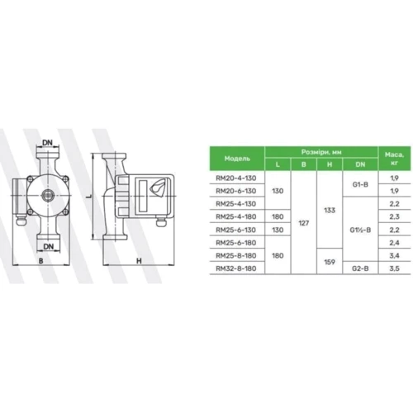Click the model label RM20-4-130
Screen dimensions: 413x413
(x=236, y=178)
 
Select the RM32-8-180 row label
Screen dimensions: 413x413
(x=236, y=268)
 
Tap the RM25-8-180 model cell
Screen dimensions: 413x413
(x=236, y=255)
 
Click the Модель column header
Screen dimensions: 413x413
(x=237, y=159)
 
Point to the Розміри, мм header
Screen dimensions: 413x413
(x=321, y=152)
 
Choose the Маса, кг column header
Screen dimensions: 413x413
(x=394, y=159)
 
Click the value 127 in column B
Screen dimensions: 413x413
(x=304, y=223)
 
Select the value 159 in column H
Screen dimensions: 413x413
(x=330, y=262)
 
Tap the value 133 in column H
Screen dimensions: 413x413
(x=330, y=211)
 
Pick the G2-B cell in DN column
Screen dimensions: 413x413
(x=360, y=268)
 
